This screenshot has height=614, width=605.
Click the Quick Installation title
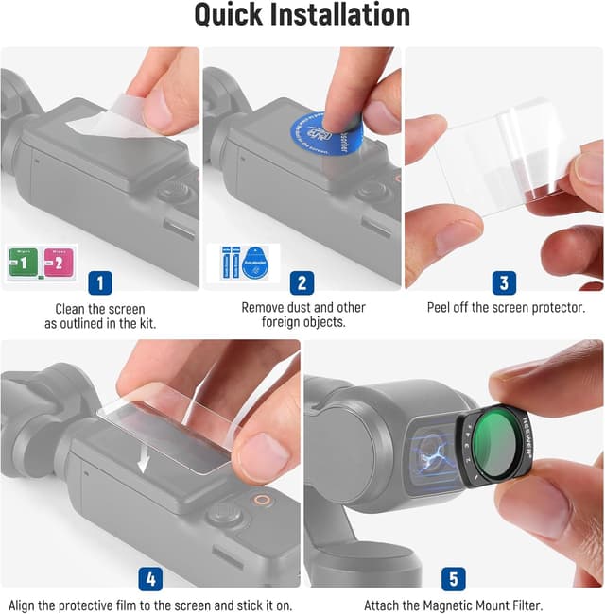click(302, 16)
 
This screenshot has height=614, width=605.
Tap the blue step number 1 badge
click(101, 281)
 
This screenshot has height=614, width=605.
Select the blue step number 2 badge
click(302, 281)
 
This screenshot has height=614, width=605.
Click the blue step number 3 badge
click(504, 281)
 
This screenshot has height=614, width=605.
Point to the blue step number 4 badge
click(151, 578)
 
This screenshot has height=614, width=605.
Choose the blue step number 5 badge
click(453, 578)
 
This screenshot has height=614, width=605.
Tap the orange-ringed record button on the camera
click(261, 500)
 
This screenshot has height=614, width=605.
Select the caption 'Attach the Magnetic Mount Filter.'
click(453, 605)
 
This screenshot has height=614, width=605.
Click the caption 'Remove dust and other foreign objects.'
click(302, 316)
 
